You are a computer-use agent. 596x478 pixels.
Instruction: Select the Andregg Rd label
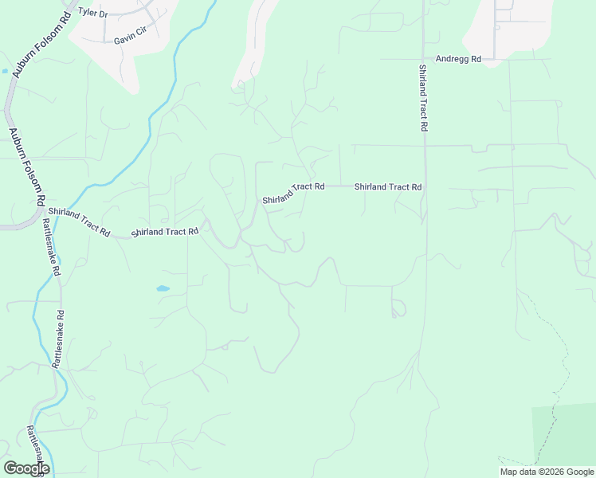click(458, 59)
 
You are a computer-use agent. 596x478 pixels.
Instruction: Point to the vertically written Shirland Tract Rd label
click(422, 98)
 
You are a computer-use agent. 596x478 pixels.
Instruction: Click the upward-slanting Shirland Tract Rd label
click(294, 193)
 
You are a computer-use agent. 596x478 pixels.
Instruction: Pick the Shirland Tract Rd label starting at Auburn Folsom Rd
click(78, 221)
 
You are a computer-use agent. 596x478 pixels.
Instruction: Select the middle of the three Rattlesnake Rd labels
click(61, 338)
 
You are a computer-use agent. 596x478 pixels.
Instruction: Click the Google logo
click(26, 468)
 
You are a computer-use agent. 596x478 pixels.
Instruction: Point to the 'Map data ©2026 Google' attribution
click(547, 472)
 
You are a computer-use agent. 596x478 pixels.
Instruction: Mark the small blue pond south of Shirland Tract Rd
click(163, 288)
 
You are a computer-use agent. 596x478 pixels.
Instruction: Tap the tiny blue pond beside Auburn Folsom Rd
click(6, 71)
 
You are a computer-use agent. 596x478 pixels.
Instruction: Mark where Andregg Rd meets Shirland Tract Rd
click(423, 59)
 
